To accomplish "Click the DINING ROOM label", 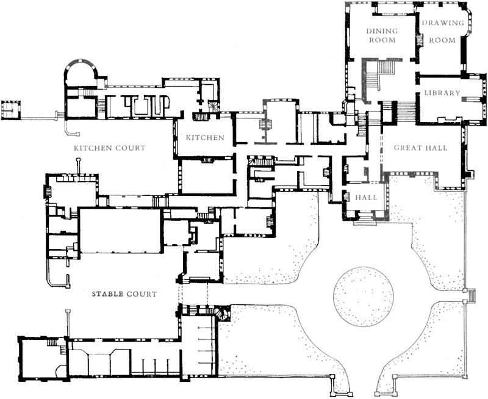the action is point(382,35).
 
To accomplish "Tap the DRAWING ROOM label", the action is point(443,32).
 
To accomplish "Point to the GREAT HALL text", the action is point(420,148).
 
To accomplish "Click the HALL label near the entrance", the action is point(366,197).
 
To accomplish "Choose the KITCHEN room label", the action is point(205,137).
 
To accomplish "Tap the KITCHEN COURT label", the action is point(110,148).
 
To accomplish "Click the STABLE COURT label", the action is point(124,294).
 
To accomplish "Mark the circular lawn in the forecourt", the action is point(363,297).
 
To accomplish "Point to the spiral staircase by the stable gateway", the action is point(223,314).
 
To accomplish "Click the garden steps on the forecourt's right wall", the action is point(472,295).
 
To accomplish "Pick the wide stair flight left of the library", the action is point(406,112).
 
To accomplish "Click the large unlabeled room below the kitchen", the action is point(207,176).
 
